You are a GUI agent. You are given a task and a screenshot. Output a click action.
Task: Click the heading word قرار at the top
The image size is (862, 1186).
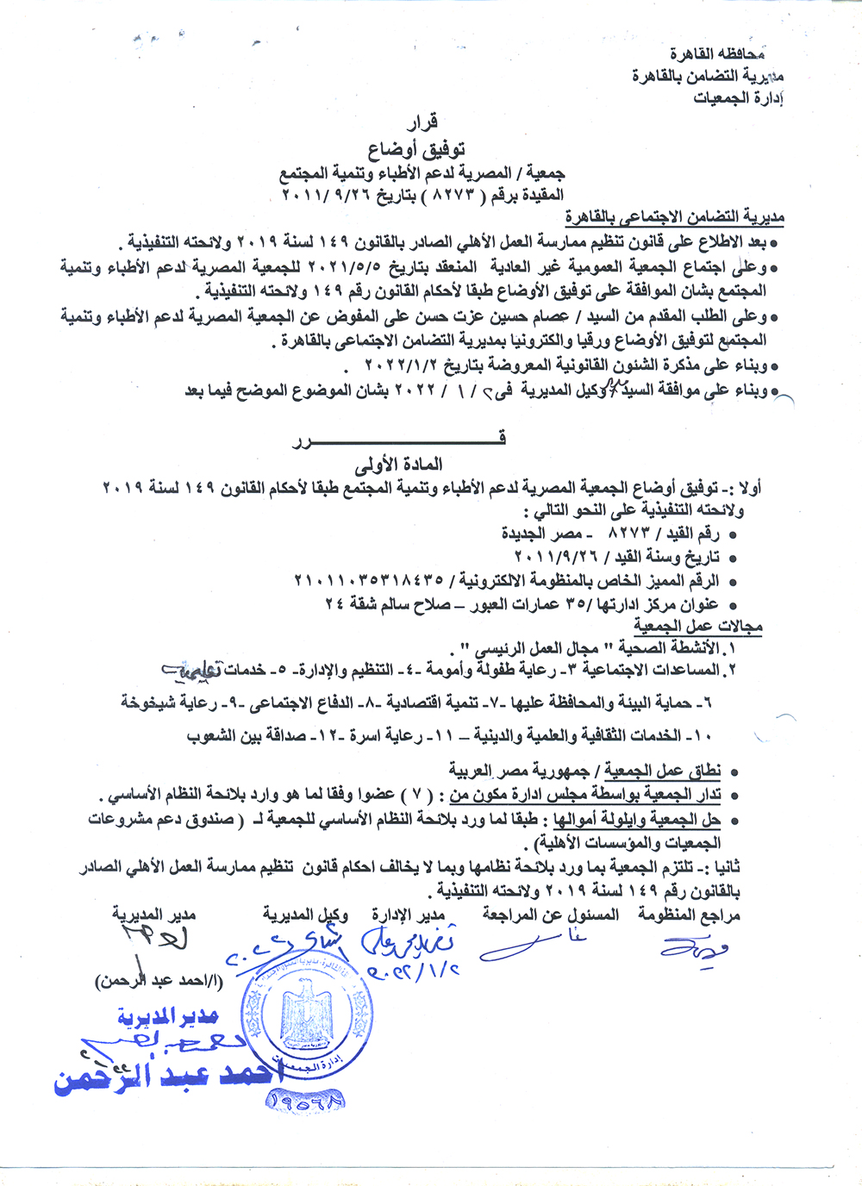tap(422, 122)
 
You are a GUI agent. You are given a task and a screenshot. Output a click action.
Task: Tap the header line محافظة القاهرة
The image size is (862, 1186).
tap(717, 54)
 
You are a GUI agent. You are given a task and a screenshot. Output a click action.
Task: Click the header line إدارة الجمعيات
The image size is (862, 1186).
tap(738, 97)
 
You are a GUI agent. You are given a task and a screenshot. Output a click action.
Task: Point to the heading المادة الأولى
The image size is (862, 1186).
tap(399, 465)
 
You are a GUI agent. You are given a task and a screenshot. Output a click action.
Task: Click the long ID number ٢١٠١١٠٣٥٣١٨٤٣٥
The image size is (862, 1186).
tap(369, 580)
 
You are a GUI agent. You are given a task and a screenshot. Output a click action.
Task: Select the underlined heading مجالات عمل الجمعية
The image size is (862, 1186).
tap(698, 626)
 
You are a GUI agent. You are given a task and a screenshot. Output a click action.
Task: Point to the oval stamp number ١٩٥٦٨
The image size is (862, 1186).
tap(307, 1099)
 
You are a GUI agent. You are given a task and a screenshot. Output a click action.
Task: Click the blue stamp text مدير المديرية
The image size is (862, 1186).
tap(168, 1018)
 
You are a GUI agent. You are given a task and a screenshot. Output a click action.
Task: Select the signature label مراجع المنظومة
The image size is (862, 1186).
tap(689, 914)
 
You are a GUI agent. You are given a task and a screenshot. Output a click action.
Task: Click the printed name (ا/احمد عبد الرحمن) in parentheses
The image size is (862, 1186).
tap(159, 981)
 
